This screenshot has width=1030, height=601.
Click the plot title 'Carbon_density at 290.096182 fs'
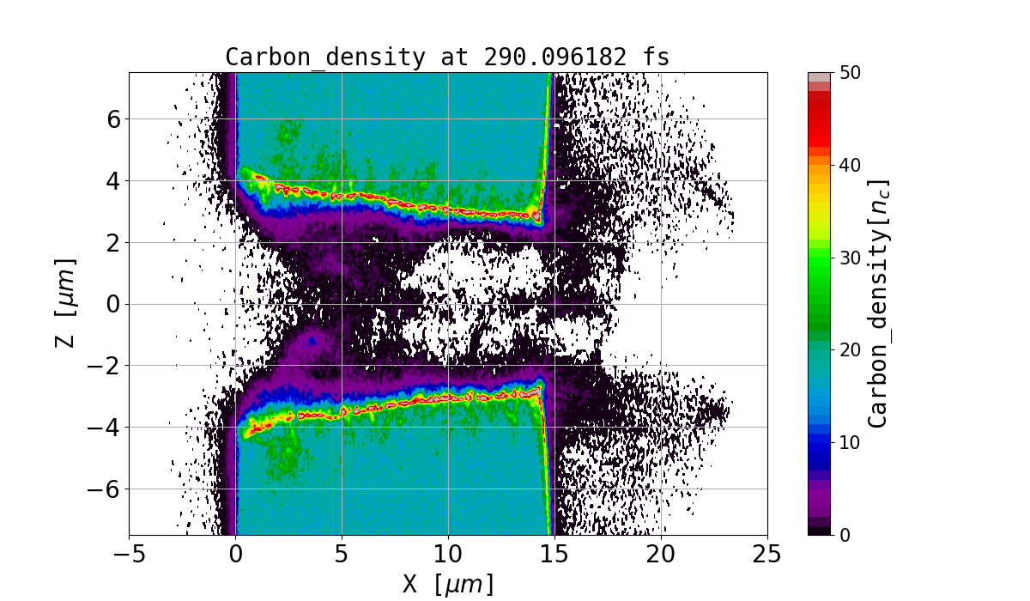(x=447, y=58)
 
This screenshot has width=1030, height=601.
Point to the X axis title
(x=448, y=585)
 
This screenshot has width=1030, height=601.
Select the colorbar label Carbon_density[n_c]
(x=876, y=303)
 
